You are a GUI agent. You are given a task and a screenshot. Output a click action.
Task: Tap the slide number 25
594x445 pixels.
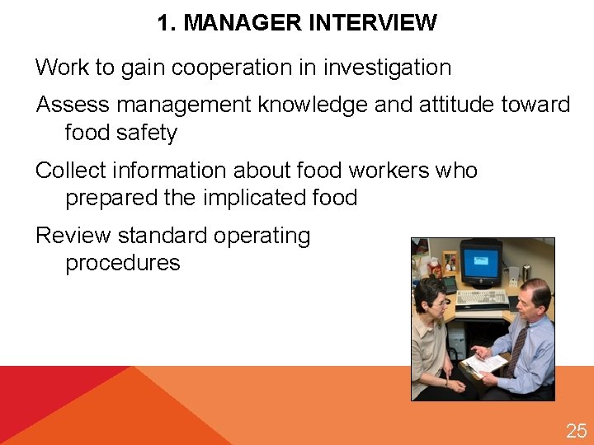[x=576, y=430]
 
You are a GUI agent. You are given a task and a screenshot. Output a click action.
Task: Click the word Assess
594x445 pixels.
[x=73, y=105]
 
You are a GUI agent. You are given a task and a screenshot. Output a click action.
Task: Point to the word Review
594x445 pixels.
[x=73, y=236]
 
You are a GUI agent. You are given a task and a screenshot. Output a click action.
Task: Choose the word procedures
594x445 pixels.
[x=122, y=263]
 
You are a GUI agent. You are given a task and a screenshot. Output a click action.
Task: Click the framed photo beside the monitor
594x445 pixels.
[x=449, y=263]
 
